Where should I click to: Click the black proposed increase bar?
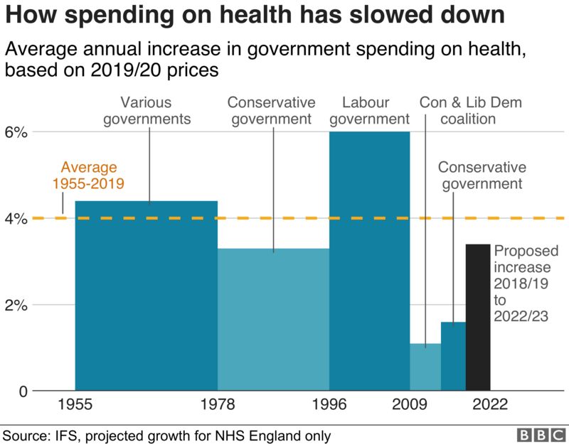478,318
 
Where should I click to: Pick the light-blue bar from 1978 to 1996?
273,320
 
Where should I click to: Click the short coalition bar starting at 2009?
425,367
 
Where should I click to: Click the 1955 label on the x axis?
75,405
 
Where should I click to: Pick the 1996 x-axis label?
329,405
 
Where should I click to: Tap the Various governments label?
147,110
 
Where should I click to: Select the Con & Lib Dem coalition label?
470,110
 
